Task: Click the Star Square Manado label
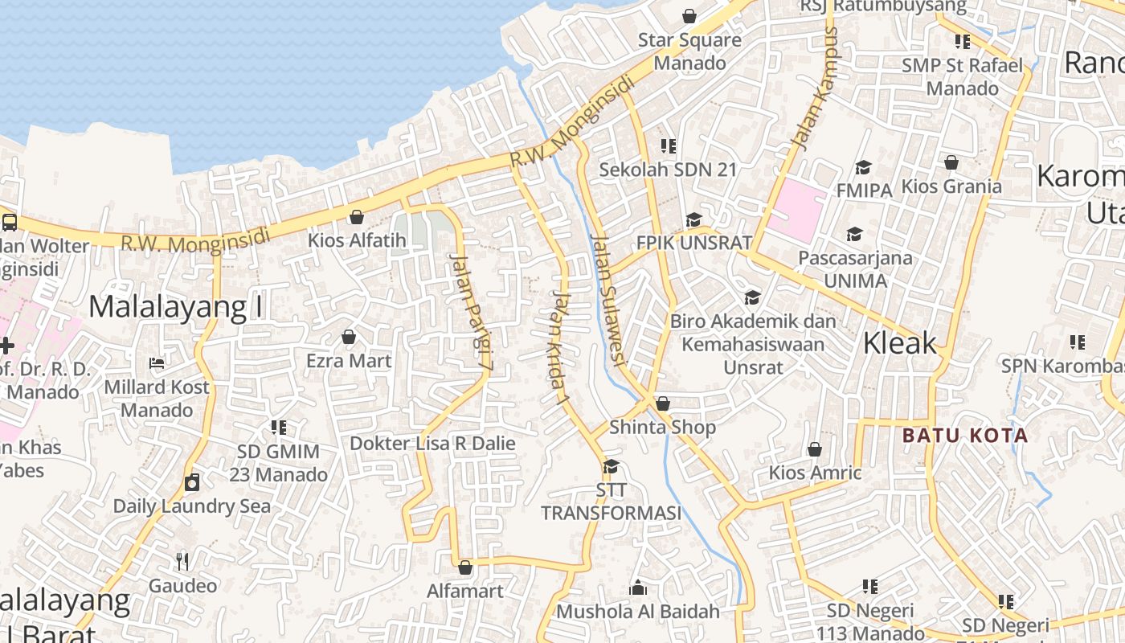pyautogui.click(x=689, y=51)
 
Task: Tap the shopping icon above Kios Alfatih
pyautogui.click(x=356, y=217)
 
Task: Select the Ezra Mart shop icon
pyautogui.click(x=349, y=337)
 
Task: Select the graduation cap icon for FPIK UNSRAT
pyautogui.click(x=693, y=219)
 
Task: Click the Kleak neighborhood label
pyautogui.click(x=899, y=343)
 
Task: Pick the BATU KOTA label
pyautogui.click(x=964, y=436)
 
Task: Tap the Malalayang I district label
pyautogui.click(x=176, y=306)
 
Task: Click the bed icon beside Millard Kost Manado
pyautogui.click(x=157, y=363)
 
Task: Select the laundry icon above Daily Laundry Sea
pyautogui.click(x=191, y=482)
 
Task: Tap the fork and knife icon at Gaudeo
pyautogui.click(x=182, y=561)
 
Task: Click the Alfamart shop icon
pyautogui.click(x=464, y=567)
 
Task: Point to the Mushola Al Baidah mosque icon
pyautogui.click(x=638, y=588)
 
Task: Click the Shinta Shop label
pyautogui.click(x=662, y=427)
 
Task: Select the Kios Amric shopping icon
pyautogui.click(x=815, y=449)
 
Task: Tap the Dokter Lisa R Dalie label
pyautogui.click(x=432, y=443)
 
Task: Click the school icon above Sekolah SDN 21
pyautogui.click(x=668, y=145)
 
